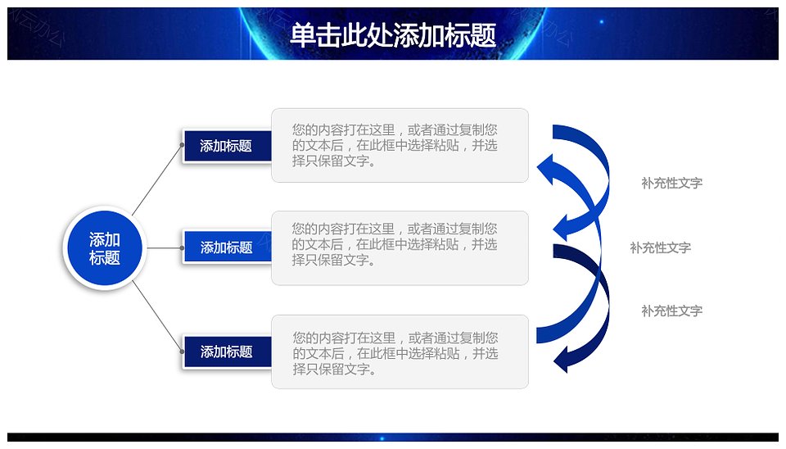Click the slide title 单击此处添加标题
(x=393, y=35)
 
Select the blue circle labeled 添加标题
(x=105, y=247)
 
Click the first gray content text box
(x=400, y=146)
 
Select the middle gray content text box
(x=400, y=248)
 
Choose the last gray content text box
(x=400, y=351)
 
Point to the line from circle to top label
(x=157, y=180)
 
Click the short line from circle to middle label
(x=165, y=247)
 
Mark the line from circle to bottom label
(x=157, y=316)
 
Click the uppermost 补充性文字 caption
(x=671, y=183)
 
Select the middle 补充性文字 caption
(x=660, y=247)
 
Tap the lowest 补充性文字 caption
(x=671, y=311)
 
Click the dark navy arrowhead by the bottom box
(x=562, y=359)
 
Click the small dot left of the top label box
(x=183, y=145)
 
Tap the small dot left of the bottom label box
(x=183, y=351)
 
